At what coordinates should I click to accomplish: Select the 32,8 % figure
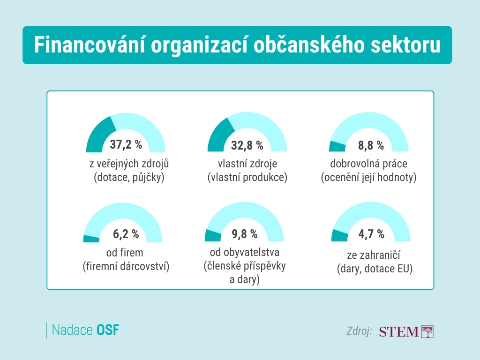[x=247, y=145]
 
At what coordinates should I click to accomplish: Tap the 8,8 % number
[x=371, y=145]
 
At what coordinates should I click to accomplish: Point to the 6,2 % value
[x=126, y=233]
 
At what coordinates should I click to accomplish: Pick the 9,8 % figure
[x=245, y=233]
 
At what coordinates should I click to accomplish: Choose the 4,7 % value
[x=371, y=233]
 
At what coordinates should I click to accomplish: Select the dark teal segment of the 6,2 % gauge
[x=91, y=239]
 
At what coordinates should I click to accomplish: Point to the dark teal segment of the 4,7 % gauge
[x=339, y=236]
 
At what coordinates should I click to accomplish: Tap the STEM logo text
[x=398, y=332]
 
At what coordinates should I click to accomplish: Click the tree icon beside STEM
[x=428, y=331]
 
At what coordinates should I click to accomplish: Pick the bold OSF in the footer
[x=108, y=330]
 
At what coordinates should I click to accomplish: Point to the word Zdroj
[x=359, y=331]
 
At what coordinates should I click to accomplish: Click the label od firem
[x=125, y=253]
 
